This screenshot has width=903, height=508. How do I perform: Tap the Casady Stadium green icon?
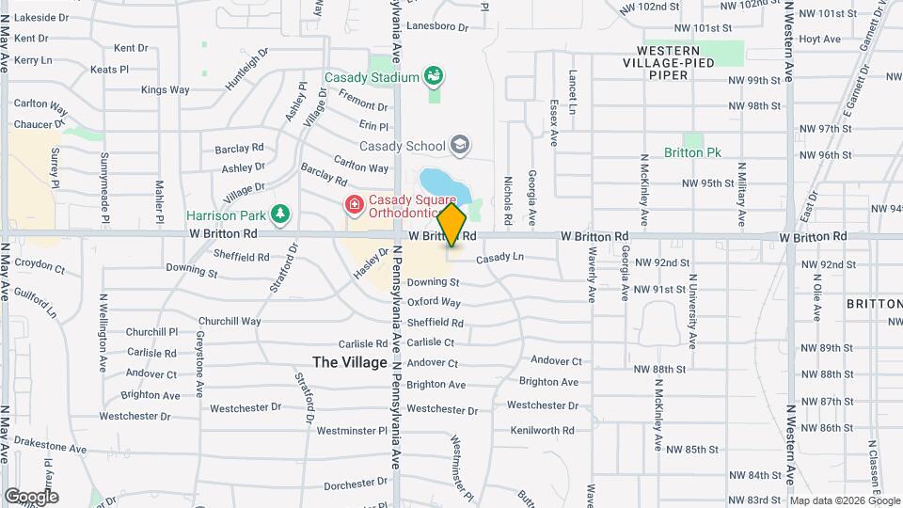[x=435, y=74]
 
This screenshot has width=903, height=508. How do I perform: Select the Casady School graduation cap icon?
[x=459, y=145]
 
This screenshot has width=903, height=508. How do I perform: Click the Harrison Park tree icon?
[x=279, y=214]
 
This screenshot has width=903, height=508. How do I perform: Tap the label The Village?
[x=350, y=362]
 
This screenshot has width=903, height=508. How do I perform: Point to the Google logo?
[x=31, y=497]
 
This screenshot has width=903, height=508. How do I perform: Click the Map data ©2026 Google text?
[x=845, y=500]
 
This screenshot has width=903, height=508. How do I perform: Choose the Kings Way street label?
[x=165, y=90]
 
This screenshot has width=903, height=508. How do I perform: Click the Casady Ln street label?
[x=499, y=258]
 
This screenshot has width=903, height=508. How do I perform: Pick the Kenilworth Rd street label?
[x=542, y=430]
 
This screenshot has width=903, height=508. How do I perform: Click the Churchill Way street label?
[x=223, y=321]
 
